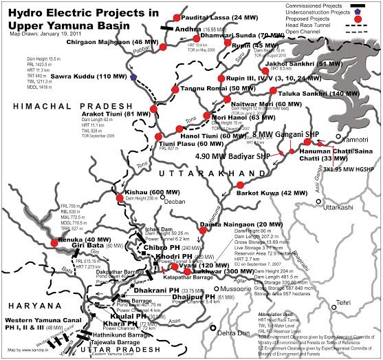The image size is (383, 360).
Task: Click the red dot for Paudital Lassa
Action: click(x=178, y=17)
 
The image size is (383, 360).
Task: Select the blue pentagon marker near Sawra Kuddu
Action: click(x=133, y=78)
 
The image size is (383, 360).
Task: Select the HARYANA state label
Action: click(x=25, y=288)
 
